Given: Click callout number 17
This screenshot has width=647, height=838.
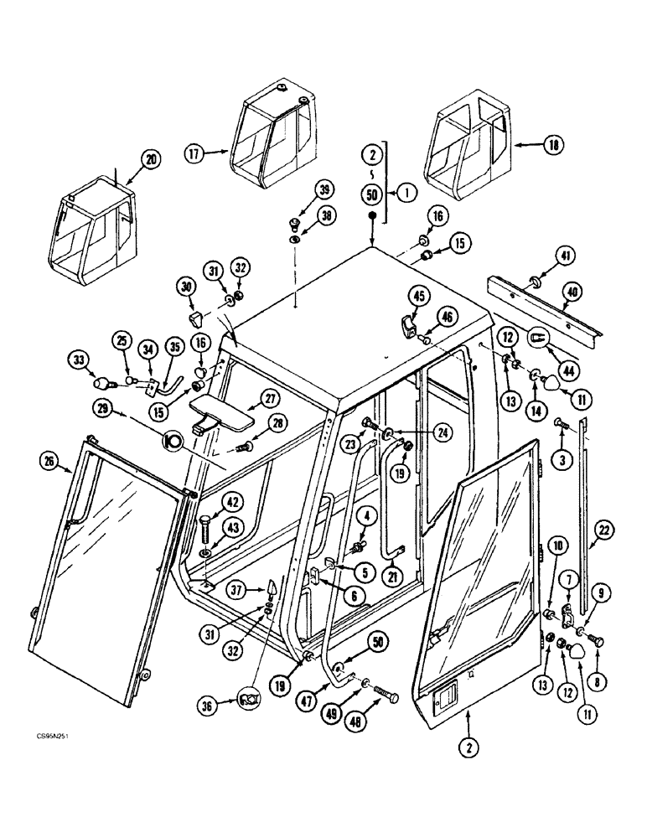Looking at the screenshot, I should pos(194,153).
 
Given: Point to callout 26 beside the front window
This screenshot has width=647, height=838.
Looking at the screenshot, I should pos(49,458).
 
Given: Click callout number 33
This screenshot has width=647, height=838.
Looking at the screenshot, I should pos(80,361).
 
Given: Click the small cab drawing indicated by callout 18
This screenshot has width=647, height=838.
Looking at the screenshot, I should pos(468,149).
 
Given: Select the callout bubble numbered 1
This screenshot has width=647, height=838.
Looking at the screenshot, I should pos(406,192).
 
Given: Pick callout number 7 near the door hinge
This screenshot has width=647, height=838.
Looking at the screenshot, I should pos(569,578).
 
